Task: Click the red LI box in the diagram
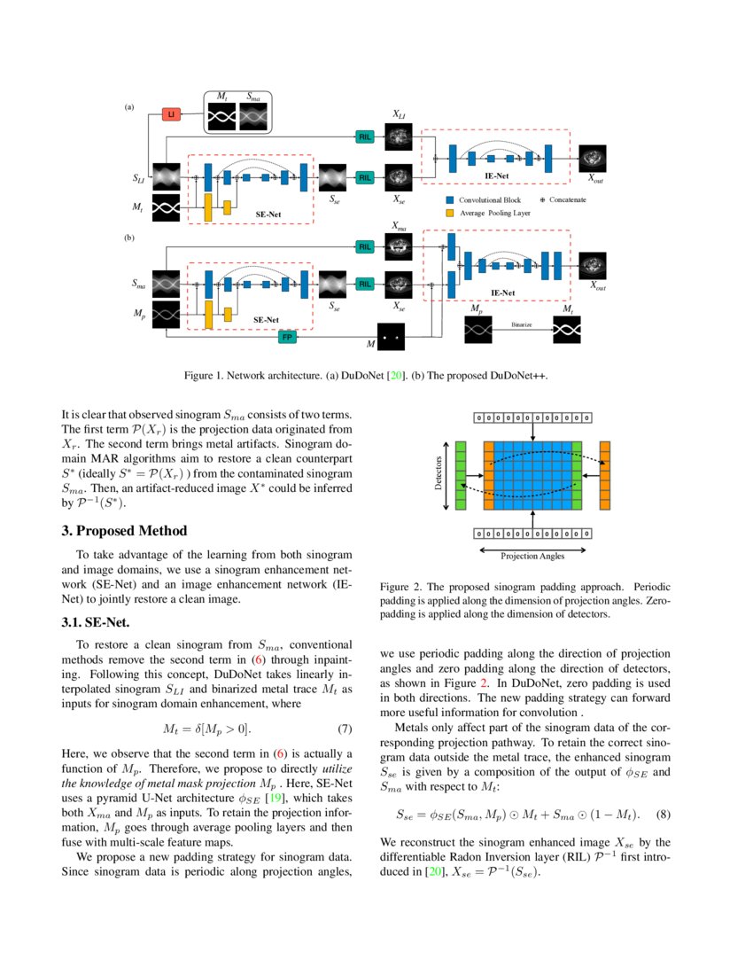(x=171, y=114)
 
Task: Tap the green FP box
(x=287, y=337)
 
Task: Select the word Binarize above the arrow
(x=521, y=325)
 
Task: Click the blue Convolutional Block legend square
(x=450, y=200)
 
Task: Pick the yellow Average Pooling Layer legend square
(x=450, y=214)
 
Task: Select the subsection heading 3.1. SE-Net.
(x=96, y=622)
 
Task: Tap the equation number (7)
(x=345, y=729)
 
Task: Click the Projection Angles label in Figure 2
(x=532, y=557)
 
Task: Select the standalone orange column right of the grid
(x=606, y=476)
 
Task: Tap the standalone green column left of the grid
(x=460, y=476)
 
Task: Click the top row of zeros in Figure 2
(x=532, y=417)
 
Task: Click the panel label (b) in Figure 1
(x=129, y=238)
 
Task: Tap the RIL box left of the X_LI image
(x=364, y=136)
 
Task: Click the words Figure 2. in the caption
(x=400, y=588)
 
